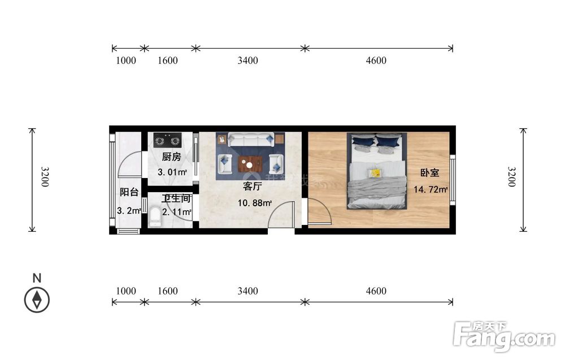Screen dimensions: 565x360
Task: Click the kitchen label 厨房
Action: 171,157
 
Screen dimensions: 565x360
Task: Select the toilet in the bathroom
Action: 155,216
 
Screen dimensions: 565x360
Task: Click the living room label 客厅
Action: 252,186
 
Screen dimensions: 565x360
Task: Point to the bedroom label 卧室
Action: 430,172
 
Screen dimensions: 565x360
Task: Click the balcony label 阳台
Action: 129,192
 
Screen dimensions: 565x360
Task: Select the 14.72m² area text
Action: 430,189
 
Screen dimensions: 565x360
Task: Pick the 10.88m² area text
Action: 254,203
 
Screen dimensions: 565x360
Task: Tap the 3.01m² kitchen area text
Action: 172,172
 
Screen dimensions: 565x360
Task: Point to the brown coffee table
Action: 250,164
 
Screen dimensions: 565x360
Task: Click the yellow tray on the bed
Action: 375,174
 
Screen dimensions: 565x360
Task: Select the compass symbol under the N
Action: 37,300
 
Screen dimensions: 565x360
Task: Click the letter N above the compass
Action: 37,278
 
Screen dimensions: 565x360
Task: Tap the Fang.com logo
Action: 505,337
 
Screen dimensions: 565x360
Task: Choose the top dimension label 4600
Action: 376,60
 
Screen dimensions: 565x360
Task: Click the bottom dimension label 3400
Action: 247,291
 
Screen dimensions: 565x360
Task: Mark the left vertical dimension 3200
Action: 44,176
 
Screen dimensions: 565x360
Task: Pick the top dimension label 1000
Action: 126,60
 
